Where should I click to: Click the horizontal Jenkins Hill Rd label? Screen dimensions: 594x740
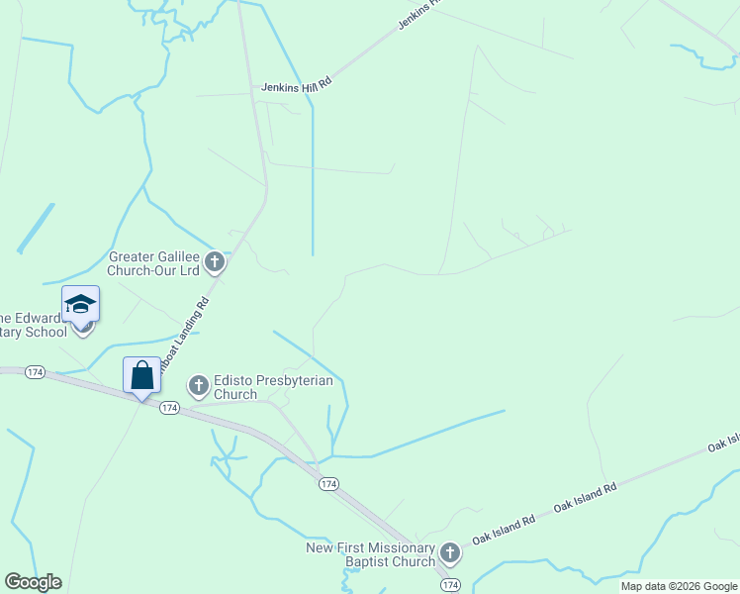tap(296, 87)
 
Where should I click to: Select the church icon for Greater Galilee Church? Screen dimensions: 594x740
tap(215, 263)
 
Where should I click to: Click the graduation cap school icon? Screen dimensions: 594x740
tap(80, 303)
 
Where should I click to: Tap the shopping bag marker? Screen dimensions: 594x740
tap(141, 375)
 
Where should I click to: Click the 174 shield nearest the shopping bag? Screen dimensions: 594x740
tap(170, 408)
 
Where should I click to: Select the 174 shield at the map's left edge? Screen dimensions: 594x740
tap(35, 371)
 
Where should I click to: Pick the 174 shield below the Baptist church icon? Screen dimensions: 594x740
tap(450, 586)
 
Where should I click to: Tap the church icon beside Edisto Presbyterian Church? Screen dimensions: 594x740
tap(199, 385)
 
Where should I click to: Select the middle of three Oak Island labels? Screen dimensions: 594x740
tap(585, 497)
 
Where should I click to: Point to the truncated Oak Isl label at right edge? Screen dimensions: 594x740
tap(723, 443)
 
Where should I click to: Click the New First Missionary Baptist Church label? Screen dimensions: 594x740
tap(371, 554)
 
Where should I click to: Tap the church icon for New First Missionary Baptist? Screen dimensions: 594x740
tap(450, 553)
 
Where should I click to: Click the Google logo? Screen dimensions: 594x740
tap(33, 582)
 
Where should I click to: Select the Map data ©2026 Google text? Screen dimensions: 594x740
tap(679, 586)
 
